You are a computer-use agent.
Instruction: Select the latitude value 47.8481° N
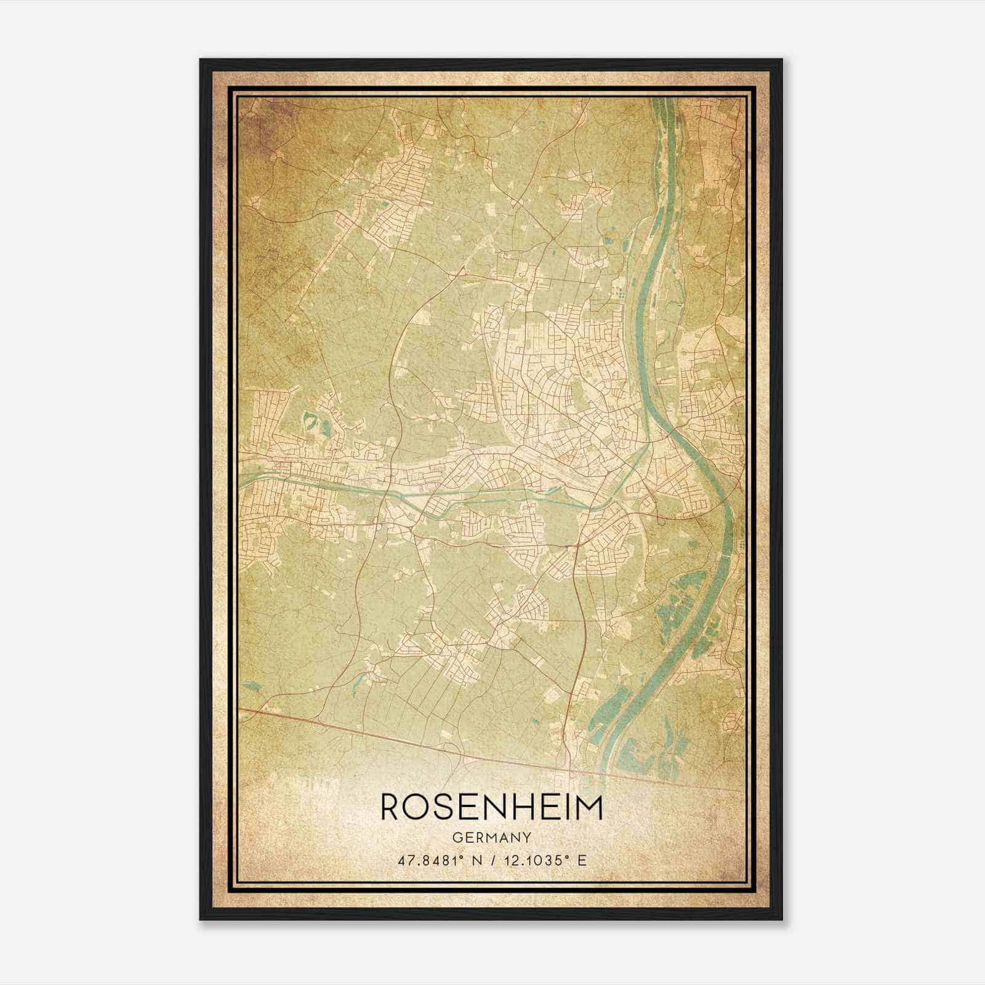click(x=438, y=860)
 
